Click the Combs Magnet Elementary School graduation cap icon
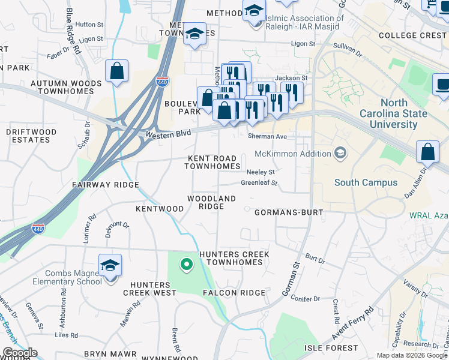click(110, 265)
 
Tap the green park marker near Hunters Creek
click(187, 263)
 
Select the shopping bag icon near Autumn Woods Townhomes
click(116, 71)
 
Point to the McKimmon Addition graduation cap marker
click(340, 153)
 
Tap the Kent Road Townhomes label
click(214, 162)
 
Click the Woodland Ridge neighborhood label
click(211, 202)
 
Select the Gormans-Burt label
click(289, 212)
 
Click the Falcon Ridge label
click(234, 292)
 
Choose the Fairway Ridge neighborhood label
click(105, 185)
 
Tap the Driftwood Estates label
click(31, 136)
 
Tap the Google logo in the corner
click(19, 353)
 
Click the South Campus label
click(366, 182)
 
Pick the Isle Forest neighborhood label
click(331, 348)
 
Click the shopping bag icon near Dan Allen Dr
click(427, 152)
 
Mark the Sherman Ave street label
click(268, 137)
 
